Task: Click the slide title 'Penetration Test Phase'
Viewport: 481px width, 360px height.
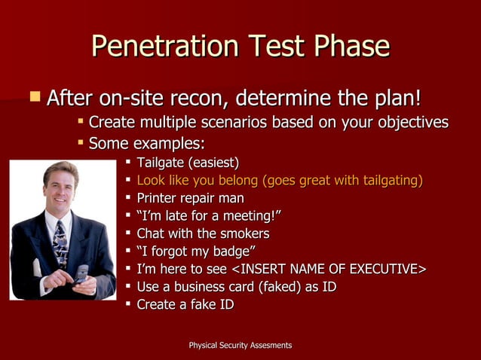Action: click(240, 47)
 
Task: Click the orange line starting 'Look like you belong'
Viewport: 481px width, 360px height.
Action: click(279, 180)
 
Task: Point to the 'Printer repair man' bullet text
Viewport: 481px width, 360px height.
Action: click(190, 198)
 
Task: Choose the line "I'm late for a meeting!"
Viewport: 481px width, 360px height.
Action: click(209, 216)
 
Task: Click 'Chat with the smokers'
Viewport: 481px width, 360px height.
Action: click(203, 233)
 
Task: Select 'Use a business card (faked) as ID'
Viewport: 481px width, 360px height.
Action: click(236, 287)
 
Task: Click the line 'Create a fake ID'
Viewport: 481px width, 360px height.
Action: click(185, 304)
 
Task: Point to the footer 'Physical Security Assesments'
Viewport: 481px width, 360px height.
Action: click(240, 345)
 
